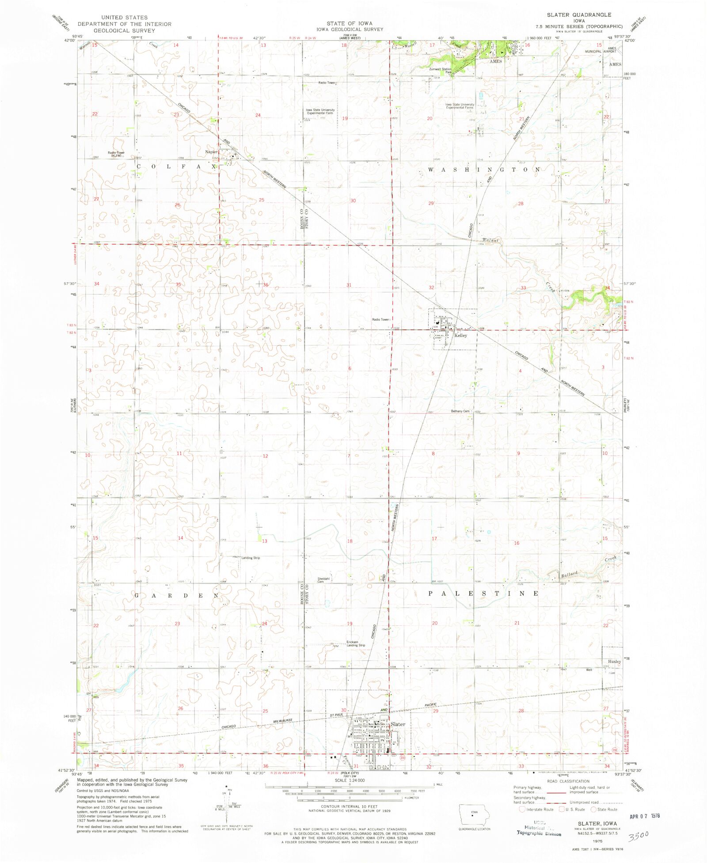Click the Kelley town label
460,336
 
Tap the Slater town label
398,724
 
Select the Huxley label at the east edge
614,662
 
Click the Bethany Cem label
460,411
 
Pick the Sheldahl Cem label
323,580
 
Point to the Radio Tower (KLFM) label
116,154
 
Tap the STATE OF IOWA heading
350,23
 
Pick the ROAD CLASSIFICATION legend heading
568,781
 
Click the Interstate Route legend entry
536,810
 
